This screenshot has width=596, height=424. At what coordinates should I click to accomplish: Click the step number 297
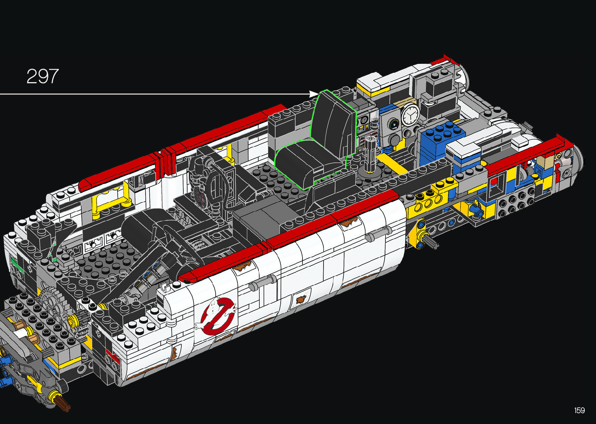point(42,76)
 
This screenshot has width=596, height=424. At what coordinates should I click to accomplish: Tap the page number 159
point(580,410)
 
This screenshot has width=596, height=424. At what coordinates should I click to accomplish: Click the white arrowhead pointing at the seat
point(314,94)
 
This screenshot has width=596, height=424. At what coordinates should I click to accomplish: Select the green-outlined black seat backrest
point(334,124)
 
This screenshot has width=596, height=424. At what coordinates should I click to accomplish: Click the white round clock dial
point(411,114)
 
